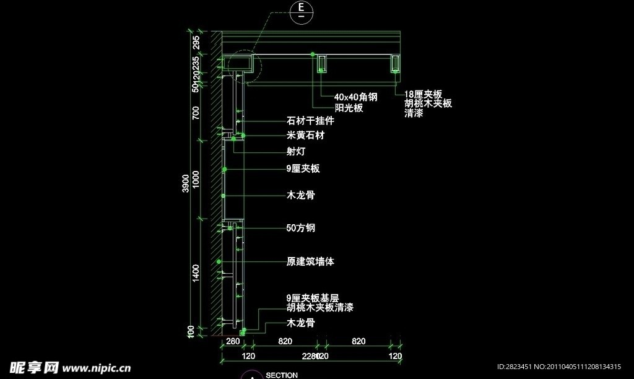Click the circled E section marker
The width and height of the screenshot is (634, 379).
click(x=301, y=11)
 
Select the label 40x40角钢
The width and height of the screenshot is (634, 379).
click(x=355, y=97)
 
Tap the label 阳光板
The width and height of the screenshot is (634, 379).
click(x=348, y=108)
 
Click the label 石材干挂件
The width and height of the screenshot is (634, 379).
click(x=310, y=121)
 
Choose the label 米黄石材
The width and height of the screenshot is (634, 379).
click(x=306, y=135)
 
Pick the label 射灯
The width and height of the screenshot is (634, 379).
click(x=296, y=151)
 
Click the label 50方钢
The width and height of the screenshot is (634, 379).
click(x=301, y=228)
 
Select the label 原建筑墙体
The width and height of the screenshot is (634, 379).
click(x=310, y=262)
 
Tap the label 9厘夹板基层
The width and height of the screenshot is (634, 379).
click(x=313, y=298)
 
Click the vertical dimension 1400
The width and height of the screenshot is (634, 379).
click(x=196, y=272)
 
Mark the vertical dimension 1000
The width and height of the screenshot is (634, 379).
click(x=196, y=180)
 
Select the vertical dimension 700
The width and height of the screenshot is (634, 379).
click(x=196, y=113)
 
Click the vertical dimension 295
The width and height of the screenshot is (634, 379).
click(x=196, y=42)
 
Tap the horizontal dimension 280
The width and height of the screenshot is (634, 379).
click(x=233, y=342)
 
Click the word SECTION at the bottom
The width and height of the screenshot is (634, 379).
click(x=282, y=375)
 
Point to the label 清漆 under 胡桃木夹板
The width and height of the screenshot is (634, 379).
click(x=414, y=114)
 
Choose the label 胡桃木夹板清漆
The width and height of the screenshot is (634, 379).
click(x=319, y=307)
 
